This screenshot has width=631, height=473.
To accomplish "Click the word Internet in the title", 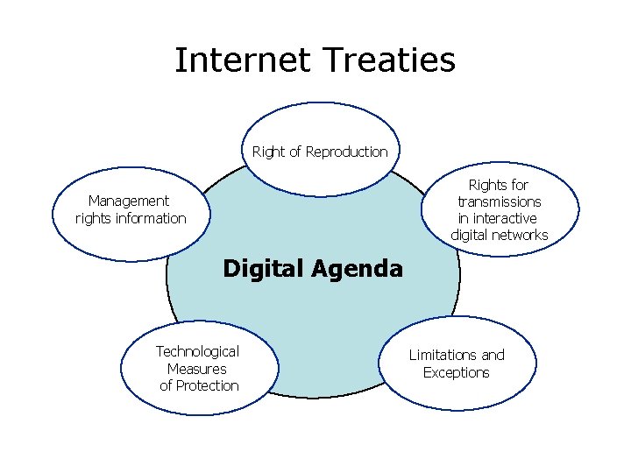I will click(x=243, y=60).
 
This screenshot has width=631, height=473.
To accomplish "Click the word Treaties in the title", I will click(x=389, y=60).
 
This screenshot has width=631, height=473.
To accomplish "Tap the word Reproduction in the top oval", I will click(x=345, y=152).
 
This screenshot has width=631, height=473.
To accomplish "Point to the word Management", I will click(x=129, y=201).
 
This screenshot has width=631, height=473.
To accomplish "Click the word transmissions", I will click(x=500, y=201).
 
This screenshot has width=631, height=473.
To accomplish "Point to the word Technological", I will click(x=197, y=351).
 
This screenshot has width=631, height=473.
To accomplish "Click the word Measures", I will click(x=197, y=369).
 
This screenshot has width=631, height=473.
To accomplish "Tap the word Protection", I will click(x=208, y=385).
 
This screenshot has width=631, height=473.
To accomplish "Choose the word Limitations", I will click(x=444, y=355).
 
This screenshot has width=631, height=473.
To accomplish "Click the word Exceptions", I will click(x=457, y=372).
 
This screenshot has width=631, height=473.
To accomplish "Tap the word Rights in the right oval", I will click(x=486, y=185).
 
